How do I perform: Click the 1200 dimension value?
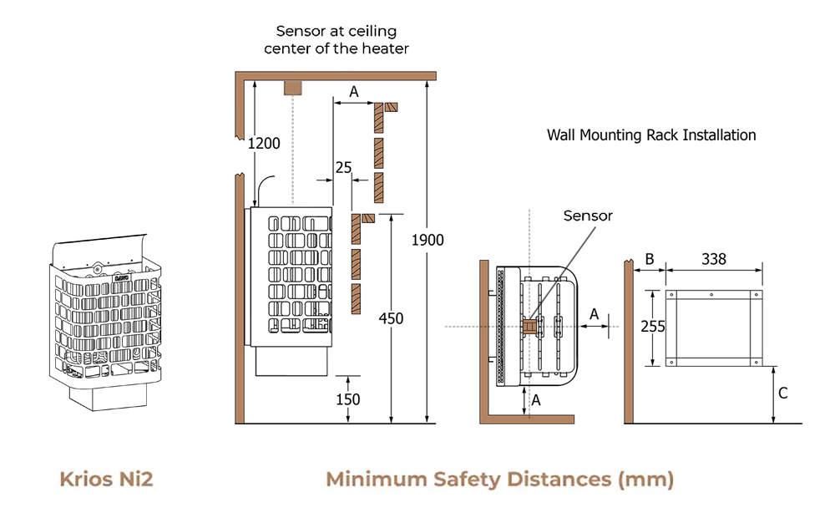[x=264, y=144]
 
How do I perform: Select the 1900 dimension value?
[x=428, y=241]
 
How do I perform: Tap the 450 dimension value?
[x=390, y=318]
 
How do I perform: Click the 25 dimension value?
[x=343, y=168]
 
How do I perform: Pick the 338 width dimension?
[x=713, y=259]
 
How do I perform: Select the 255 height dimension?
[x=653, y=327]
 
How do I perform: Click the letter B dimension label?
[x=649, y=259]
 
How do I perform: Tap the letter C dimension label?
[x=782, y=393]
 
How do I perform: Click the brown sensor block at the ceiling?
[x=293, y=87]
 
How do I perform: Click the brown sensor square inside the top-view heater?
[x=528, y=325]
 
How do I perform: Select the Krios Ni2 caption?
[x=106, y=480]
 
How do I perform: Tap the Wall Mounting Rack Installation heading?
[x=651, y=135]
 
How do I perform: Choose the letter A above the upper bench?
[x=353, y=92]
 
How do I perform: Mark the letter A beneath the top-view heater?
[x=536, y=400]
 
